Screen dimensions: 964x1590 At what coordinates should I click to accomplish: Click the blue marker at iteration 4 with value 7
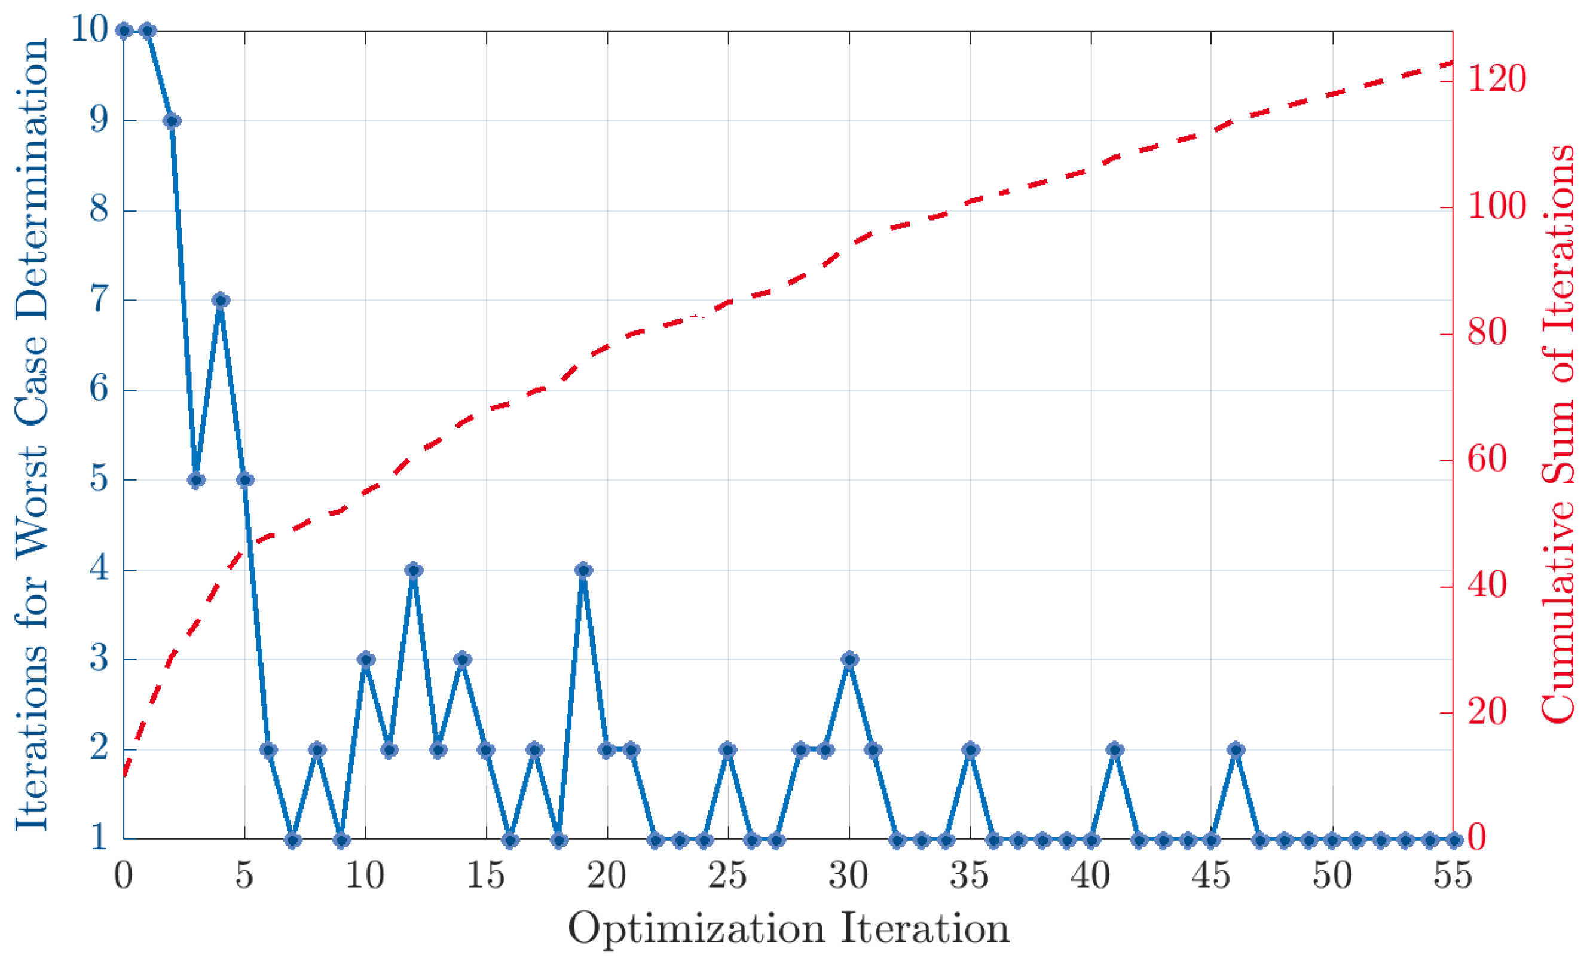coord(221,300)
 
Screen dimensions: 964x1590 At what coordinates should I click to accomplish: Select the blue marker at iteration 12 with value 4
coord(414,570)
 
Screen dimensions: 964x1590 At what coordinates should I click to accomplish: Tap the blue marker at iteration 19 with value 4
coord(583,570)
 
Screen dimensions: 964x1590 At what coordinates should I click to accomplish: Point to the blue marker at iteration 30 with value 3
coord(850,659)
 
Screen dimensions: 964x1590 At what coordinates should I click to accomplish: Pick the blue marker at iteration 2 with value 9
coord(172,121)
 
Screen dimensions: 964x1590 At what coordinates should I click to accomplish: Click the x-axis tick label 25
coord(728,876)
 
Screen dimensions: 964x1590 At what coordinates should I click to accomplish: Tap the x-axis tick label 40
coord(1090,876)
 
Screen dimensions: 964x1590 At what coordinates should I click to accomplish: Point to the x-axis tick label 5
coord(244,876)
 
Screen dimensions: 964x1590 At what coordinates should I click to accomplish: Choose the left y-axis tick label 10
coord(90,29)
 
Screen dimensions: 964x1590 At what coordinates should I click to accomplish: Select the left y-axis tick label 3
coord(99,659)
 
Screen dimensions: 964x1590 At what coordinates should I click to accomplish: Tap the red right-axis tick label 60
coord(1488,460)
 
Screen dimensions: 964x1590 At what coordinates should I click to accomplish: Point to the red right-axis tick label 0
coord(1478,838)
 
